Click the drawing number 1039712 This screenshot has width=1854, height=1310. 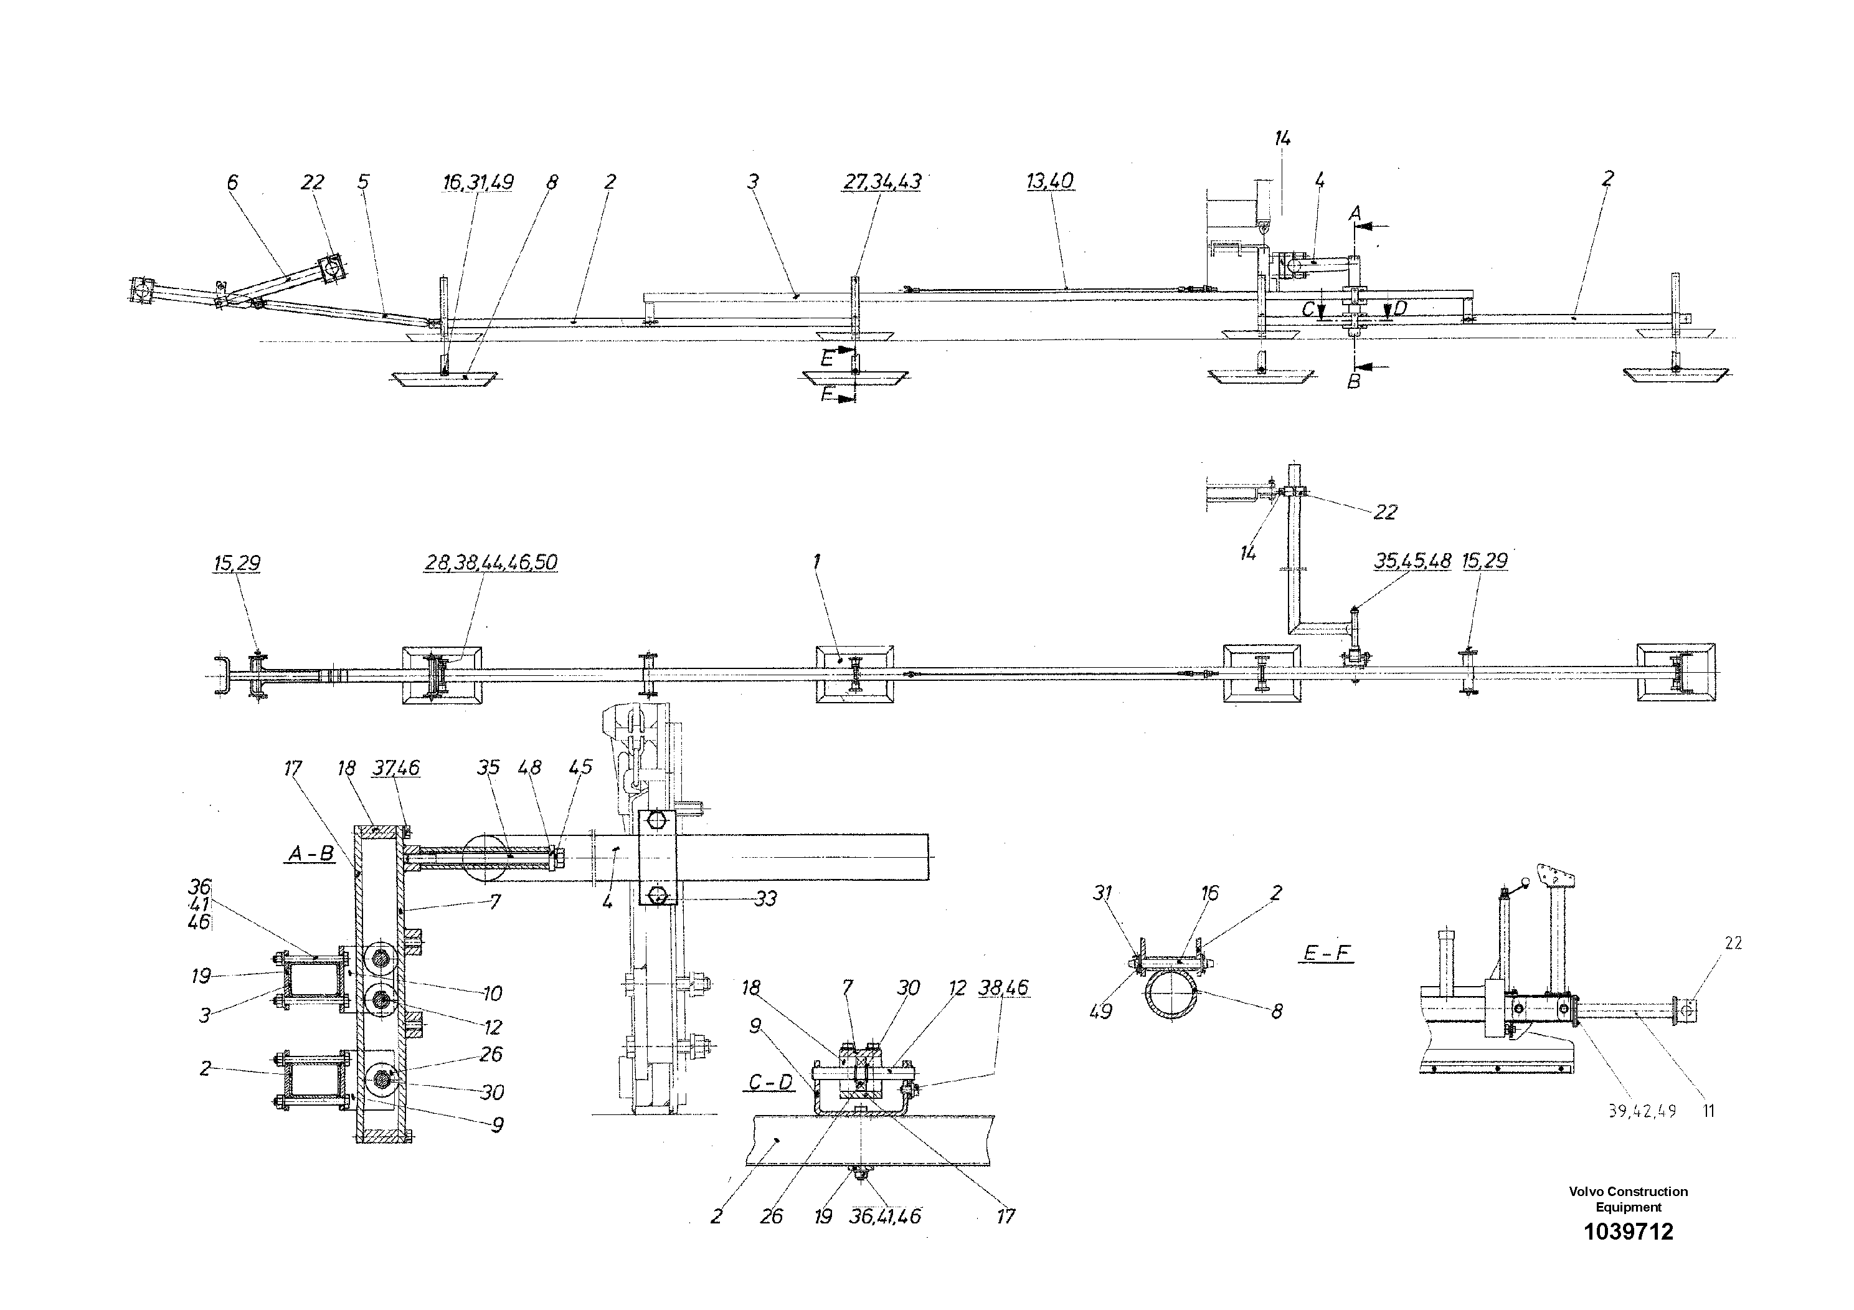(1628, 1231)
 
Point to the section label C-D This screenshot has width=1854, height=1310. (770, 1082)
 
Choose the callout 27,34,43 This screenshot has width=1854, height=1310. (882, 182)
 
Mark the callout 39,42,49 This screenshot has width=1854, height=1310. (1642, 1111)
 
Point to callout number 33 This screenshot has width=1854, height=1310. (765, 898)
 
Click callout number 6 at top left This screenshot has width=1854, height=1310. (232, 182)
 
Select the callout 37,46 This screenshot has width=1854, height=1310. (395, 767)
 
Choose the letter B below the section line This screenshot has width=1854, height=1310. (1354, 381)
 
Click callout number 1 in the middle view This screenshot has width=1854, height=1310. (817, 561)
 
